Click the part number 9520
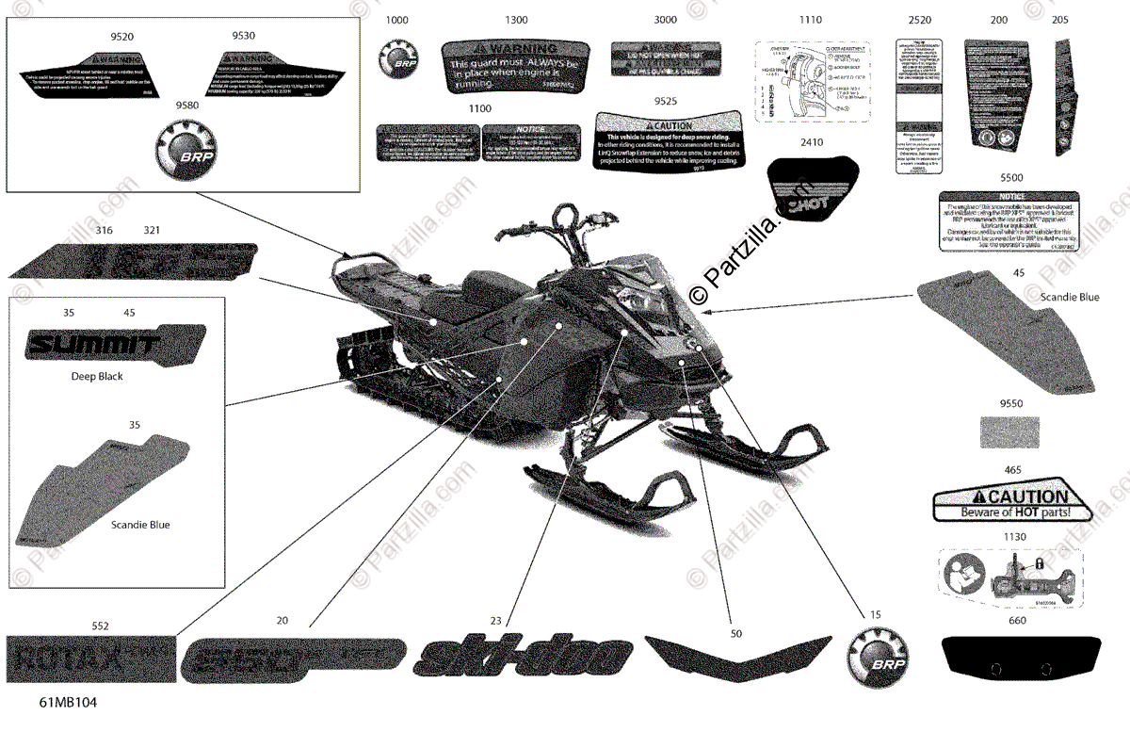[x=122, y=36]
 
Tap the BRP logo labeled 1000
[x=397, y=58]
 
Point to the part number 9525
[x=667, y=99]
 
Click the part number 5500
[x=1011, y=177]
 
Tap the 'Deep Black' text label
[x=97, y=377]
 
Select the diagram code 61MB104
[x=68, y=703]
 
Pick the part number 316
[x=105, y=230]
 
